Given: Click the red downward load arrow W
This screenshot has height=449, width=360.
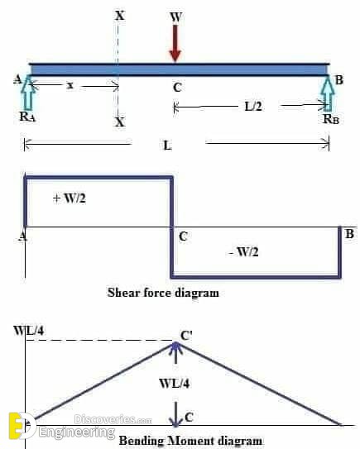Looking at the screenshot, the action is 175,44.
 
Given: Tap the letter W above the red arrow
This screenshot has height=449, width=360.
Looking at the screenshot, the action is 175,17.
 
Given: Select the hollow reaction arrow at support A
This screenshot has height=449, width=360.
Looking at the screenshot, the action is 29,93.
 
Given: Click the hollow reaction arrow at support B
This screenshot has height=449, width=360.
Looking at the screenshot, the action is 328,93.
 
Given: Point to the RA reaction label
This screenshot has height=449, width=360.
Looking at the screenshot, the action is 27,117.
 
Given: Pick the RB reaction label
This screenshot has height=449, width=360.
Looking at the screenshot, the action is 331,119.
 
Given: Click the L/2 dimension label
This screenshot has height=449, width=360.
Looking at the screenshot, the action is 253,107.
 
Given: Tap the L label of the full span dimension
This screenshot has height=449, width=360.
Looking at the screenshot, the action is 168,146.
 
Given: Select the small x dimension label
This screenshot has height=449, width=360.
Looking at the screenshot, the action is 70,85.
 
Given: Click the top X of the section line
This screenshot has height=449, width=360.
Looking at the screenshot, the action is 120,15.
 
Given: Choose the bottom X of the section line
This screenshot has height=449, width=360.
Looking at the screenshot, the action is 120,122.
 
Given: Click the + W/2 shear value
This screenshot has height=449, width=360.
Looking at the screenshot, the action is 70,198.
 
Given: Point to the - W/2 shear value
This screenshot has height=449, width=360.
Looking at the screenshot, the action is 243,252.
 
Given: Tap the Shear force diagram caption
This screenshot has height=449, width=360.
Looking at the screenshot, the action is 163,293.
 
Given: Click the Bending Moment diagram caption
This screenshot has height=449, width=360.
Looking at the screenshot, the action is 190,441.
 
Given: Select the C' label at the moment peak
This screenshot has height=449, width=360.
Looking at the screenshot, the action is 186,336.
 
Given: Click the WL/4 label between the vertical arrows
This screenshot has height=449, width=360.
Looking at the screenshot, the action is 175,383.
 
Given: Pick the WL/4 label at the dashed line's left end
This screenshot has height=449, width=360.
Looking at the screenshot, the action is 29,331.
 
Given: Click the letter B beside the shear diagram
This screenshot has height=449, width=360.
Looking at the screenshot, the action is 349,234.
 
